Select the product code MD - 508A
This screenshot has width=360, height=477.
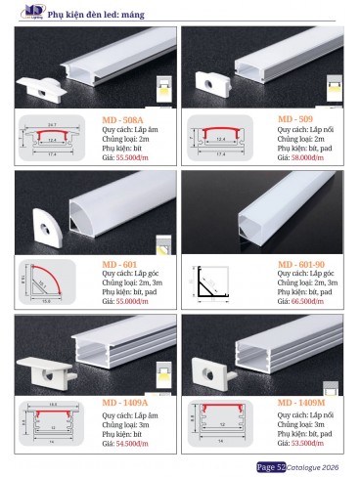coord(123,119)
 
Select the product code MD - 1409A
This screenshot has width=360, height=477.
coord(127,403)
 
